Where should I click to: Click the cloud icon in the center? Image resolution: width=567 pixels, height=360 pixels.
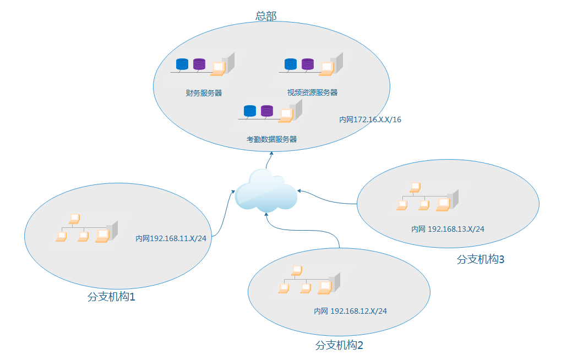266,191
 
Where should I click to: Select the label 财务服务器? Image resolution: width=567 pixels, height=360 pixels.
204,93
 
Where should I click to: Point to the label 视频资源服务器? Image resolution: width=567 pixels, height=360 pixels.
312,92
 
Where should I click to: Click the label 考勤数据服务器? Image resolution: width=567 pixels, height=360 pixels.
272,139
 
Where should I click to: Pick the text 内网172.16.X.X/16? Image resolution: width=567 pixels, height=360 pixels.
370,119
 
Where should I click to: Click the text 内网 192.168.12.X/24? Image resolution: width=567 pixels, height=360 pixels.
350,311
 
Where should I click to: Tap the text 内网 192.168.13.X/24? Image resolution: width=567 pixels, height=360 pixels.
448,229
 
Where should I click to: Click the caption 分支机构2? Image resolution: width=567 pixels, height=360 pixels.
339,346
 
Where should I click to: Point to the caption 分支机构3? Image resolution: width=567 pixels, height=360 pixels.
481,259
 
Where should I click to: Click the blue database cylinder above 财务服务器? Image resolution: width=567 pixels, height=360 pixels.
182,64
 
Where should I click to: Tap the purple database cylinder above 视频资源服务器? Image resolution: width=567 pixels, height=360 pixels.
308,64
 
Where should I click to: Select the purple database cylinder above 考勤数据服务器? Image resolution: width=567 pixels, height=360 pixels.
267,111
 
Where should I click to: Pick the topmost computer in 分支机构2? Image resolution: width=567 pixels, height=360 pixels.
297,270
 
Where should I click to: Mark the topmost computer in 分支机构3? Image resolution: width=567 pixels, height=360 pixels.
415,187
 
